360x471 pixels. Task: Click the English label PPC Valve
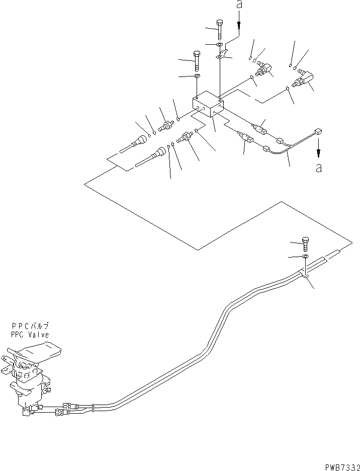point(30,334)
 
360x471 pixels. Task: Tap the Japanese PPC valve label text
point(30,326)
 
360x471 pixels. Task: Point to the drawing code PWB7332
point(342,467)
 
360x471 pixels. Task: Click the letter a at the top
point(239,5)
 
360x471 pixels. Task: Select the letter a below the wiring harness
point(319,168)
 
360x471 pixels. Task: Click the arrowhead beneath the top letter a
point(239,26)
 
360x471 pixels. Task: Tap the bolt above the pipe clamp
point(306,244)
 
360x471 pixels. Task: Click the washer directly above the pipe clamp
point(305,256)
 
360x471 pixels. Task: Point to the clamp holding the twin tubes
point(304,275)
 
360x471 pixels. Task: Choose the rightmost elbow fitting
point(302,78)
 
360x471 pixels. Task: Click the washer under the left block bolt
point(197,76)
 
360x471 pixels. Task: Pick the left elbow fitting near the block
point(263,68)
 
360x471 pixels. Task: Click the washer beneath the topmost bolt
point(220,45)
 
